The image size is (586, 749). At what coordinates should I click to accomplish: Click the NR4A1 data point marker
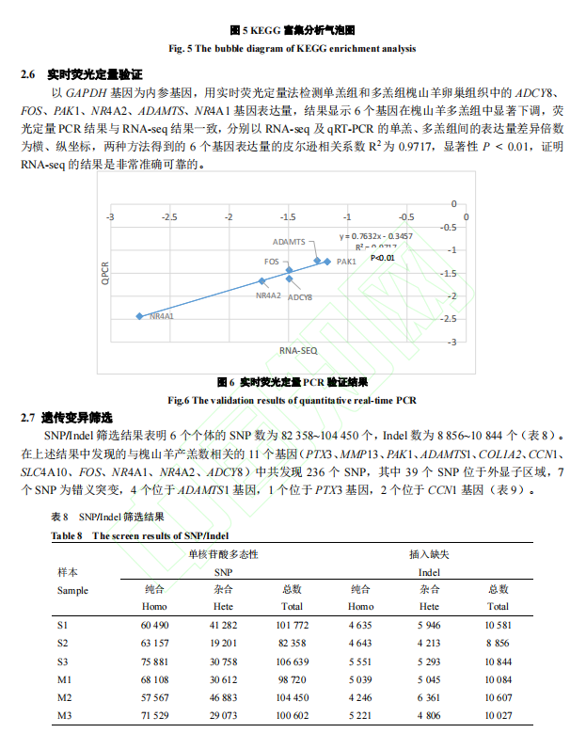139,316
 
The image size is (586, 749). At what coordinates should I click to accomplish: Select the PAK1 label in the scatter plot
345,262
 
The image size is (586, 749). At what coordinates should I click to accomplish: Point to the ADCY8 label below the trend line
300,296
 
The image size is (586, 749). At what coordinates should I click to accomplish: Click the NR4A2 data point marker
262,281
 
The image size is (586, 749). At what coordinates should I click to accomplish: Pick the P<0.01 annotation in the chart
381,257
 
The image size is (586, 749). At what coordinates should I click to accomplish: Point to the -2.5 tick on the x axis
169,216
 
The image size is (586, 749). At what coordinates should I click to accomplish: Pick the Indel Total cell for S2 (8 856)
499,642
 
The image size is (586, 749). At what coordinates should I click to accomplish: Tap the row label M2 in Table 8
63,696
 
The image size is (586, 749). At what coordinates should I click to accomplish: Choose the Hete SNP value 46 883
223,696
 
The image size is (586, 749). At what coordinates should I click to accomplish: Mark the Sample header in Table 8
72,590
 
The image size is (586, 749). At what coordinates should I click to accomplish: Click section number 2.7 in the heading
27,417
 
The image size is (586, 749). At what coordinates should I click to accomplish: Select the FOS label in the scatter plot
271,261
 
